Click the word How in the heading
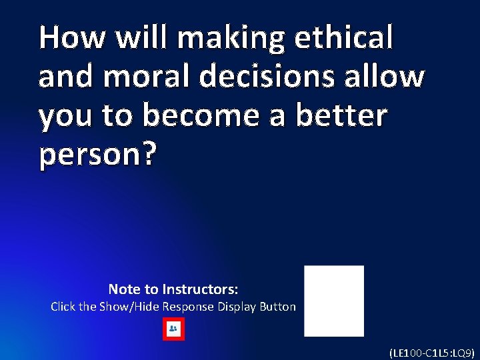(x=71, y=37)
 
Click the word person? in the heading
(x=98, y=155)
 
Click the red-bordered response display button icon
(x=173, y=329)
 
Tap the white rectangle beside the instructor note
(x=334, y=301)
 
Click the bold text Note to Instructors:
(x=173, y=289)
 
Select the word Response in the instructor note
(x=188, y=307)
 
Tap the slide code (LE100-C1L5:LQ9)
(x=431, y=353)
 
